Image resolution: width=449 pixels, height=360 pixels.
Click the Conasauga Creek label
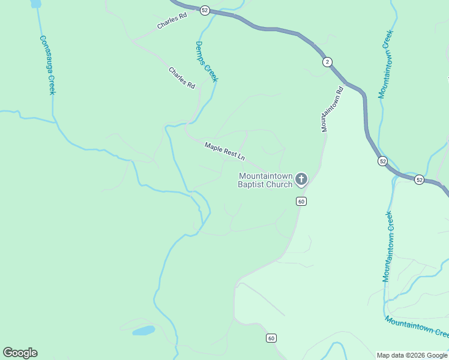click(47, 65)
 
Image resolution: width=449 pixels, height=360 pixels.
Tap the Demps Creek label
click(207, 62)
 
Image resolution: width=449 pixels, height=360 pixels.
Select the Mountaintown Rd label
click(332, 109)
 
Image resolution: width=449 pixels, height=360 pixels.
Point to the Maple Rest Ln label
click(224, 151)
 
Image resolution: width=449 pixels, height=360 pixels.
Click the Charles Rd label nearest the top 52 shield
click(172, 23)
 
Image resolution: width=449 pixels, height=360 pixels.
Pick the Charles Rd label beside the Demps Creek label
click(182, 78)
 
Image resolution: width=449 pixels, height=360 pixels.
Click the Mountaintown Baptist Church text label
click(265, 180)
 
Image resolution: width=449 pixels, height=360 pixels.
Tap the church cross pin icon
click(301, 179)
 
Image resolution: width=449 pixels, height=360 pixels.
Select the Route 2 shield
click(327, 62)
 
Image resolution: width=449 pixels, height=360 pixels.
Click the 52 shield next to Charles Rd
click(205, 10)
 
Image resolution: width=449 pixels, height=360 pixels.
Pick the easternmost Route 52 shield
click(419, 180)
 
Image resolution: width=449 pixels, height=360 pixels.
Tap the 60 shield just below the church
click(301, 201)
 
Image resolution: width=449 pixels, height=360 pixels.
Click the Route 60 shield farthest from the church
click(271, 338)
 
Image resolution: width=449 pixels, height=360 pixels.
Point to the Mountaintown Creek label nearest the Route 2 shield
click(385, 64)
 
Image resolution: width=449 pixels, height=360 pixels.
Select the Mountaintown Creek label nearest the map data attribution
click(417, 328)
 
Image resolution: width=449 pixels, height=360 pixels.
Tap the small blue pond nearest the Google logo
click(143, 331)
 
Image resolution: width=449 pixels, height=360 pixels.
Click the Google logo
click(20, 353)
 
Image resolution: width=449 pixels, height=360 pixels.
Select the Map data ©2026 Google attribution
click(412, 355)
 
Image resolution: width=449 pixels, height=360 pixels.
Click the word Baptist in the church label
click(251, 184)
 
